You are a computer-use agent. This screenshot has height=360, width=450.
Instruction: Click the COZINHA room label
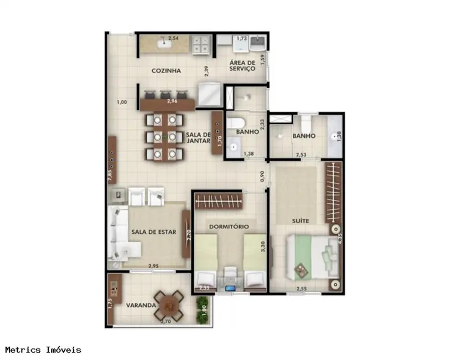(165, 71)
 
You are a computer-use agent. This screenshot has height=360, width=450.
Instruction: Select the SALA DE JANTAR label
(199, 138)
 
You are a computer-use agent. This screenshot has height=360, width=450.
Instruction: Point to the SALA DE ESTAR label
(153, 232)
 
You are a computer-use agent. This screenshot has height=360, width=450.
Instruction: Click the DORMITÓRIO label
(229, 227)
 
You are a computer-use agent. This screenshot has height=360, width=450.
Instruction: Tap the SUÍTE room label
(301, 221)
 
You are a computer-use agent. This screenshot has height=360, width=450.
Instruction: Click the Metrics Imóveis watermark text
(43, 349)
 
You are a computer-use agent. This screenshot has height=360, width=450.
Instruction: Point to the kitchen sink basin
(164, 44)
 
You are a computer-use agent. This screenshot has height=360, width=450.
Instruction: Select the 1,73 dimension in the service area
(241, 39)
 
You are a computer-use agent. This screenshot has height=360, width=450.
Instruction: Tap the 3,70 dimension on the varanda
(165, 321)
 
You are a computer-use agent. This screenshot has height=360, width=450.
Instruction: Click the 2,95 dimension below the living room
(154, 266)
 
